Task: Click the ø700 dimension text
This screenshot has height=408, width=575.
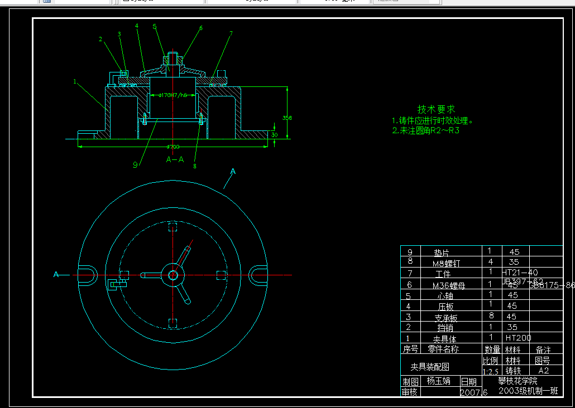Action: click(173, 147)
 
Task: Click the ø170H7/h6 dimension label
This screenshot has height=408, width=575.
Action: click(172, 95)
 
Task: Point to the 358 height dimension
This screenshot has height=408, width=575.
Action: click(287, 118)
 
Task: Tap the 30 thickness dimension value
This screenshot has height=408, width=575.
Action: click(274, 134)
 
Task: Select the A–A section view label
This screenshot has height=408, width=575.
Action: click(175, 159)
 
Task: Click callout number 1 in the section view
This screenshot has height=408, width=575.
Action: click(74, 81)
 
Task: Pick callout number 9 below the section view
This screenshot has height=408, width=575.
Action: click(135, 164)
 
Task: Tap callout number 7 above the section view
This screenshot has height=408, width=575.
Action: click(231, 33)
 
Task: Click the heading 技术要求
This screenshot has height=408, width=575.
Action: click(437, 109)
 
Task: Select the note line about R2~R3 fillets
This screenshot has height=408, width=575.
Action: click(425, 131)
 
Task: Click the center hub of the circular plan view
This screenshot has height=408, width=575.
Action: click(173, 275)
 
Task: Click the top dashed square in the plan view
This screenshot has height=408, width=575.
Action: click(173, 226)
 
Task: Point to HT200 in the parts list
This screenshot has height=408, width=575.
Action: click(518, 338)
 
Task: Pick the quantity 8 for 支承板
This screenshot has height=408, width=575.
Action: click(490, 317)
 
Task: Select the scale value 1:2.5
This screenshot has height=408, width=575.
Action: click(490, 371)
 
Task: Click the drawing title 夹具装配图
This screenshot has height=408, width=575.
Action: click(430, 367)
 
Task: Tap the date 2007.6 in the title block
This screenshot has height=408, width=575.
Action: click(473, 392)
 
